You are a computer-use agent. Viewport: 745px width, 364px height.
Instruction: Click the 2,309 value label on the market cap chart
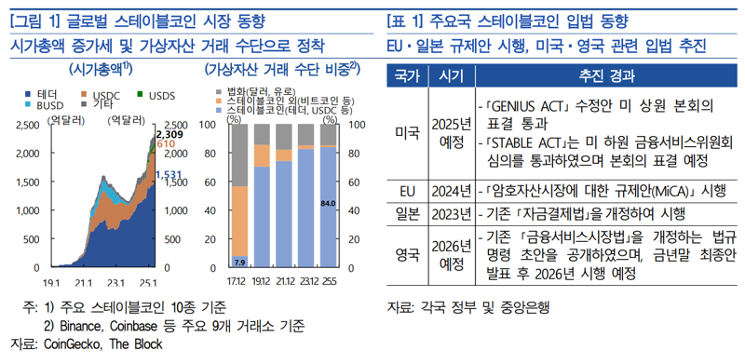pyautogui.click(x=167, y=135)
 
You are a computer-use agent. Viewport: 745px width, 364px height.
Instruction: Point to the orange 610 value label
pyautogui.click(x=166, y=145)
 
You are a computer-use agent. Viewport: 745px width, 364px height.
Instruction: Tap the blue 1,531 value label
pyautogui.click(x=167, y=175)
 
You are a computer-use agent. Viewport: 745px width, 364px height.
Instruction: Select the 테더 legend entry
pyautogui.click(x=41, y=95)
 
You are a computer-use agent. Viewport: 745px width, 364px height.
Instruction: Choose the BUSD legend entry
pyautogui.click(x=44, y=105)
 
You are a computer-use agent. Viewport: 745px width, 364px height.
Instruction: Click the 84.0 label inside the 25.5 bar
pyautogui.click(x=328, y=203)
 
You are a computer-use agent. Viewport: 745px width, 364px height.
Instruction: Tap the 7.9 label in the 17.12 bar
pyautogui.click(x=237, y=262)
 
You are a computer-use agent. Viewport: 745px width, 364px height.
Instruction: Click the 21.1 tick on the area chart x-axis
pyautogui.click(x=84, y=281)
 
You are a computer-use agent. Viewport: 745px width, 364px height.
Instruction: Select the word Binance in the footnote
pyautogui.click(x=85, y=326)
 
